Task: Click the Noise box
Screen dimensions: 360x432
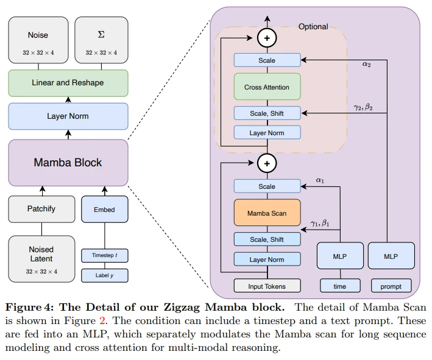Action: coord(38,39)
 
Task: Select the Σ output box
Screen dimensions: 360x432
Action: coord(101,39)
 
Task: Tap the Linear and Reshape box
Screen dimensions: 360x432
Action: coord(68,83)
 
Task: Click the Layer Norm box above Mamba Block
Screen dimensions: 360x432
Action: coord(68,116)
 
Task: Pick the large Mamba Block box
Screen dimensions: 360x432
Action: coord(68,163)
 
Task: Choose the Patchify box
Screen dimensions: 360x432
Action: coord(41,208)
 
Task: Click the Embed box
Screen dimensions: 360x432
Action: coord(104,209)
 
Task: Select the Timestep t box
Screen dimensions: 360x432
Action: coord(104,255)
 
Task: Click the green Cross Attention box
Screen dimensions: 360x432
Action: coord(267,87)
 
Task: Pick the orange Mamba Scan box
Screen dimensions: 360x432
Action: coord(267,213)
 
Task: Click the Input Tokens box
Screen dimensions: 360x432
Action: coord(267,286)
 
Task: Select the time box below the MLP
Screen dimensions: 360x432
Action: coord(339,286)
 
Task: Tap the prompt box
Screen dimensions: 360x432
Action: coord(391,286)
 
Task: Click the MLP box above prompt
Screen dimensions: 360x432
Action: coord(391,256)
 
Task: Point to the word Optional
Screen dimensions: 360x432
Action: coord(313,27)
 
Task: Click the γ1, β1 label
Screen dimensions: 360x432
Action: coord(319,223)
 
